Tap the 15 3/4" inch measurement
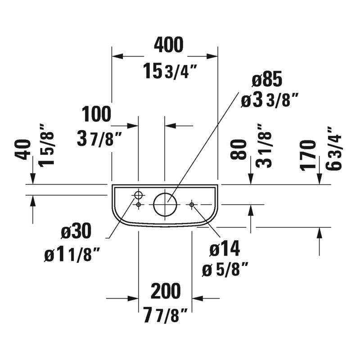tap(171, 71)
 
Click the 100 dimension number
tap(96, 114)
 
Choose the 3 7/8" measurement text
tap(99, 138)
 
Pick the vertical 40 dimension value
tap(23, 149)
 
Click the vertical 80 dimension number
tap(238, 149)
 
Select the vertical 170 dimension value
tap(308, 155)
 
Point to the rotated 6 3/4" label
tap(334, 149)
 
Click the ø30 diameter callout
tap(76, 231)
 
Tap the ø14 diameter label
tap(225, 248)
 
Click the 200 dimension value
tap(166, 291)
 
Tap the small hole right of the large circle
tap(192, 204)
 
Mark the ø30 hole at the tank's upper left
tap(138, 192)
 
